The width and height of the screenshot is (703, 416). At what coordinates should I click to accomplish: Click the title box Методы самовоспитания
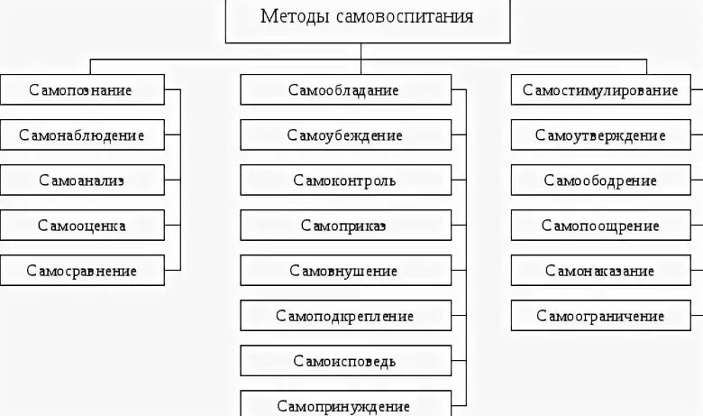coord(367,18)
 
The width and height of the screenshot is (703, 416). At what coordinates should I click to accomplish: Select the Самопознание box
coord(82,90)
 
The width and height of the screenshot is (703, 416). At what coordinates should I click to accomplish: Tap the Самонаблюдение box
coord(82,135)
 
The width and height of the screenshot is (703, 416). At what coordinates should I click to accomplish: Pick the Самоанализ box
coord(82,180)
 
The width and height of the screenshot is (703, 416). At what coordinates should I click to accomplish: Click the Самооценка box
coord(82,226)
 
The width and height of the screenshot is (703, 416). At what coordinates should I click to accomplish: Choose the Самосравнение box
coord(82,271)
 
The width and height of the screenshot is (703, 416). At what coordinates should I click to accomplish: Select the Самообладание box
coord(345,90)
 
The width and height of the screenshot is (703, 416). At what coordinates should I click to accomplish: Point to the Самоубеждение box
coord(345,135)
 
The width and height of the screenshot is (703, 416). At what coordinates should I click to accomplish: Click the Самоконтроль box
coord(345,180)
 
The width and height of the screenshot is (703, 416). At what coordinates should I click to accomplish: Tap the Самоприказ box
coord(345,226)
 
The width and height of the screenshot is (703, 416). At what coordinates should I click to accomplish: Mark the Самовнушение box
coord(345,271)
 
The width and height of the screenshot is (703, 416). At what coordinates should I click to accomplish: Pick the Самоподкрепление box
coord(345,316)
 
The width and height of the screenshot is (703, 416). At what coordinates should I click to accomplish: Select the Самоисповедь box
coord(345,361)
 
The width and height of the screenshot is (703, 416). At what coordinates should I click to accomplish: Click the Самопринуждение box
coord(345,405)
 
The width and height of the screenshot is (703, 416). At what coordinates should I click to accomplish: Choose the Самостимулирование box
coord(601,90)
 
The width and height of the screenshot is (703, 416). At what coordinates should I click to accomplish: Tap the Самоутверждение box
coord(601,135)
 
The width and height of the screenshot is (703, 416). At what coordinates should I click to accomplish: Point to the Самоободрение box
coord(601,180)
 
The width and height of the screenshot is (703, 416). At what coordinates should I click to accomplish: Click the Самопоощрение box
coord(601,226)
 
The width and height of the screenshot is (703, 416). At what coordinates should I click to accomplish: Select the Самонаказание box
coord(601,271)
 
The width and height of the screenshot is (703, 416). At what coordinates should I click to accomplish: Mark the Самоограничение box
coord(601,316)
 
